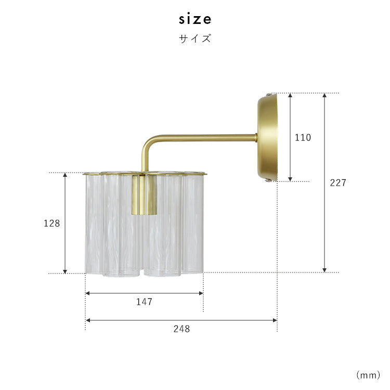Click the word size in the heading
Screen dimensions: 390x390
coord(195,19)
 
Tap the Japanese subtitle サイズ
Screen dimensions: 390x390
coord(195,39)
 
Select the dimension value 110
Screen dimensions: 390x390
coord(303,138)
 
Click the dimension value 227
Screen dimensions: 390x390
coord(338,183)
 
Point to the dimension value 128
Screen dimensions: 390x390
coord(51,224)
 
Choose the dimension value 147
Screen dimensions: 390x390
coord(144,302)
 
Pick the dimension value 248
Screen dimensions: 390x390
coord(181,329)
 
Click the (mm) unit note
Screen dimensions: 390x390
coord(368,375)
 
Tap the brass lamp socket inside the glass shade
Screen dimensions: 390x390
coord(144,195)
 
